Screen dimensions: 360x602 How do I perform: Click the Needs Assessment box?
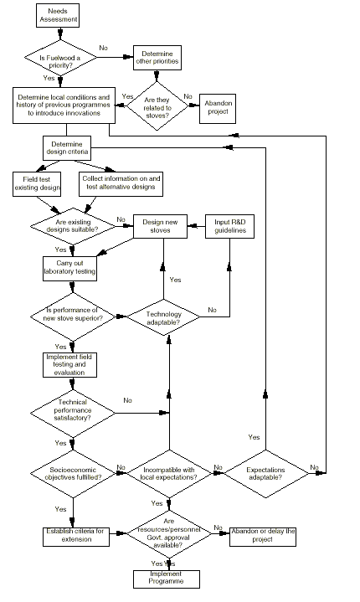point(58,15)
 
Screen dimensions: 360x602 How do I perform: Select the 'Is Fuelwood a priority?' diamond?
point(60,58)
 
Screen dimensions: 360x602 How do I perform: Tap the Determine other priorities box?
point(157,58)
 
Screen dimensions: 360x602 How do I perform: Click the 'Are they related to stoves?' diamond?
point(157,106)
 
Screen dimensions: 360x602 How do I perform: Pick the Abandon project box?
point(218,109)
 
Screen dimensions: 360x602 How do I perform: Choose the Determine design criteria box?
point(67,148)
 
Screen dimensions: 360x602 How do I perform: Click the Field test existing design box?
point(37,184)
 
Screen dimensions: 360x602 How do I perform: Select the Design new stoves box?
point(160,227)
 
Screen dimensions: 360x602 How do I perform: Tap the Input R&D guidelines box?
point(229,227)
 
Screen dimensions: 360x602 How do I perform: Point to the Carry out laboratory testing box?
point(69,269)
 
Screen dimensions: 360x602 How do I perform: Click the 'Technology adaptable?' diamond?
point(163,317)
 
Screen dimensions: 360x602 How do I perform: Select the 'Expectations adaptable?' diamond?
point(266,474)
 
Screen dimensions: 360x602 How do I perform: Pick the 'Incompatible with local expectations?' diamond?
point(169,474)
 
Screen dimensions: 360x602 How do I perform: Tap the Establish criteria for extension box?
point(76,537)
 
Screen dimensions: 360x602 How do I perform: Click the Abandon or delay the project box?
point(263,537)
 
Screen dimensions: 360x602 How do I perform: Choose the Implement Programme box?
point(167,579)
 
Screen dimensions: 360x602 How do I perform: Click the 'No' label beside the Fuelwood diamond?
point(104,48)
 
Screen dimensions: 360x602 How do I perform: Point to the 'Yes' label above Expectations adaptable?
point(254,437)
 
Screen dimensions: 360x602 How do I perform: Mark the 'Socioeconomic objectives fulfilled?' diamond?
point(73,474)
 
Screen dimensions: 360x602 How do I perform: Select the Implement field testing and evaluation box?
point(69,365)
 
